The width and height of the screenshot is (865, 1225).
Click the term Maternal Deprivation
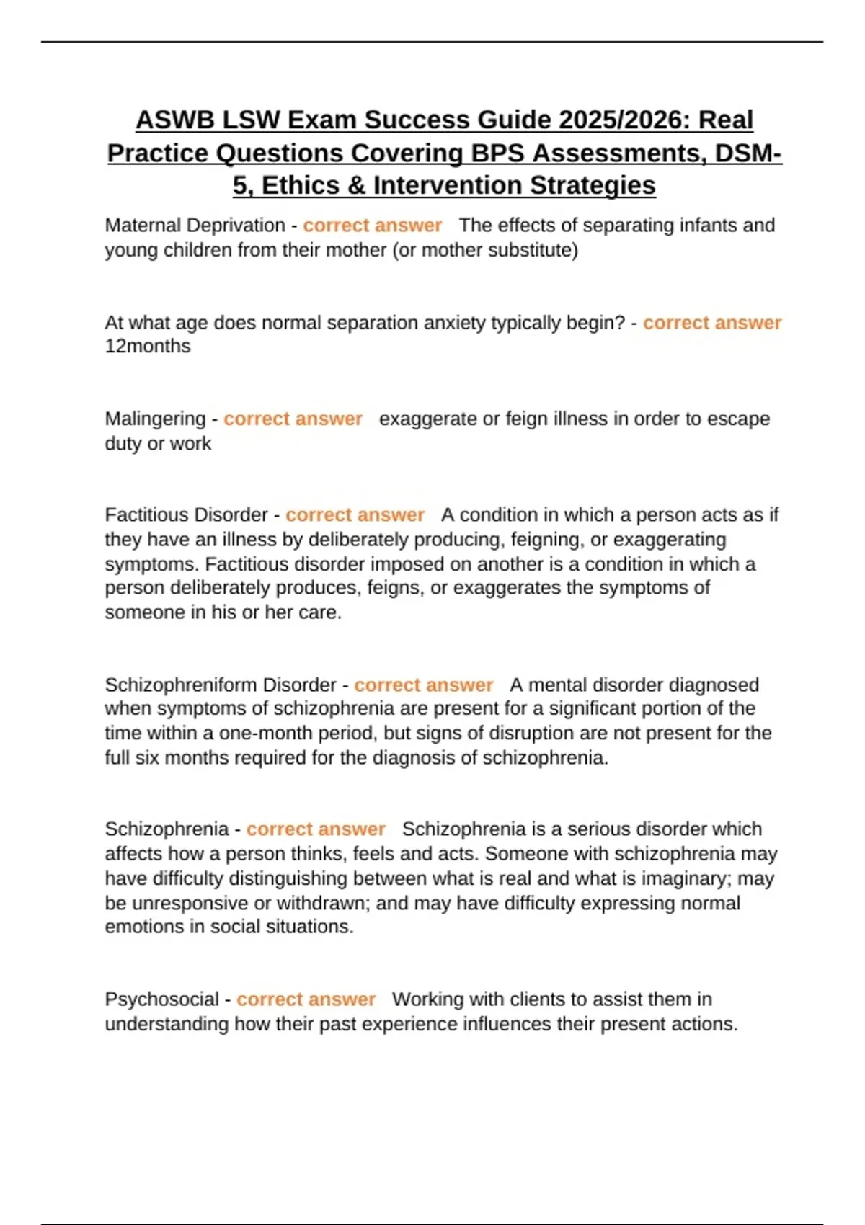[195, 226]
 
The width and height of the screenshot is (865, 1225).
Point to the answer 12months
[148, 347]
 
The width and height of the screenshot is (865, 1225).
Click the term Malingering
[155, 419]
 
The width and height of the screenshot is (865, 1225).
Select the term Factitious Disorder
[186, 515]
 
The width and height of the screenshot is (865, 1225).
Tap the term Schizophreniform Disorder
[221, 685]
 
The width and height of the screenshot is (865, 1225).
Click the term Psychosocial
[161, 999]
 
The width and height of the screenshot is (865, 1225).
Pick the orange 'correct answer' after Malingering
[293, 419]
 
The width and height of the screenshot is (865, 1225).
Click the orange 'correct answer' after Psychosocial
[306, 999]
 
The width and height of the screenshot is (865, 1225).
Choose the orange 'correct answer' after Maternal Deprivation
[372, 226]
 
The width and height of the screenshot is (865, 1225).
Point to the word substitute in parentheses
[532, 250]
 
